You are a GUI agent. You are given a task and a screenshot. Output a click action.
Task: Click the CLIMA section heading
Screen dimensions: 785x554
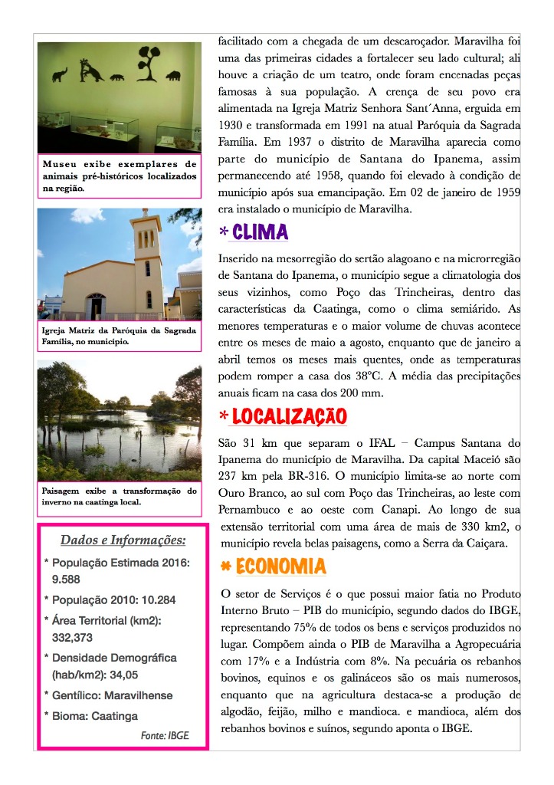pyautogui.click(x=261, y=232)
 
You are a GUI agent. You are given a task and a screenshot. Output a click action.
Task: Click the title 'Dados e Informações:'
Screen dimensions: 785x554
pyautogui.click(x=123, y=540)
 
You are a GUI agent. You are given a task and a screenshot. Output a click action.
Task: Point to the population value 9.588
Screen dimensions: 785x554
pyautogui.click(x=66, y=580)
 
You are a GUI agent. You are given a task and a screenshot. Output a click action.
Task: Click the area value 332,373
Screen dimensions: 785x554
pyautogui.click(x=72, y=637)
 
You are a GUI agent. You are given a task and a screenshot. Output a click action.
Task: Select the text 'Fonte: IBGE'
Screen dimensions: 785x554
pyautogui.click(x=164, y=735)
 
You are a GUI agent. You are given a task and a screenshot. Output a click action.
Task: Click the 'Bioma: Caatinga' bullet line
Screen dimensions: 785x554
pyautogui.click(x=95, y=716)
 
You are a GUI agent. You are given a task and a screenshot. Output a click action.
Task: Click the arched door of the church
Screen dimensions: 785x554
pyautogui.click(x=95, y=305)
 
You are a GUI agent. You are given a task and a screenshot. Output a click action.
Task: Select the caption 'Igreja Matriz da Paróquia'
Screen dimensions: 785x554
pyautogui.click(x=120, y=336)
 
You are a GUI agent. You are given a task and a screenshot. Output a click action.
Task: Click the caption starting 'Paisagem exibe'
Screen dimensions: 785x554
pyautogui.click(x=120, y=496)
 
